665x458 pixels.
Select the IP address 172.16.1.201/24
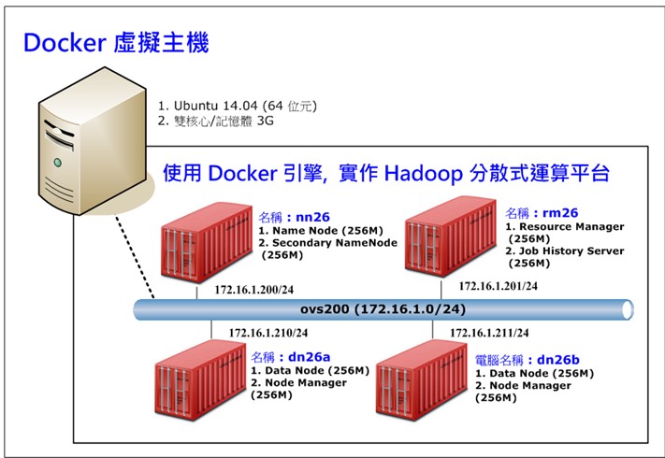(498, 285)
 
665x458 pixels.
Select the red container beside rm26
(446, 241)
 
